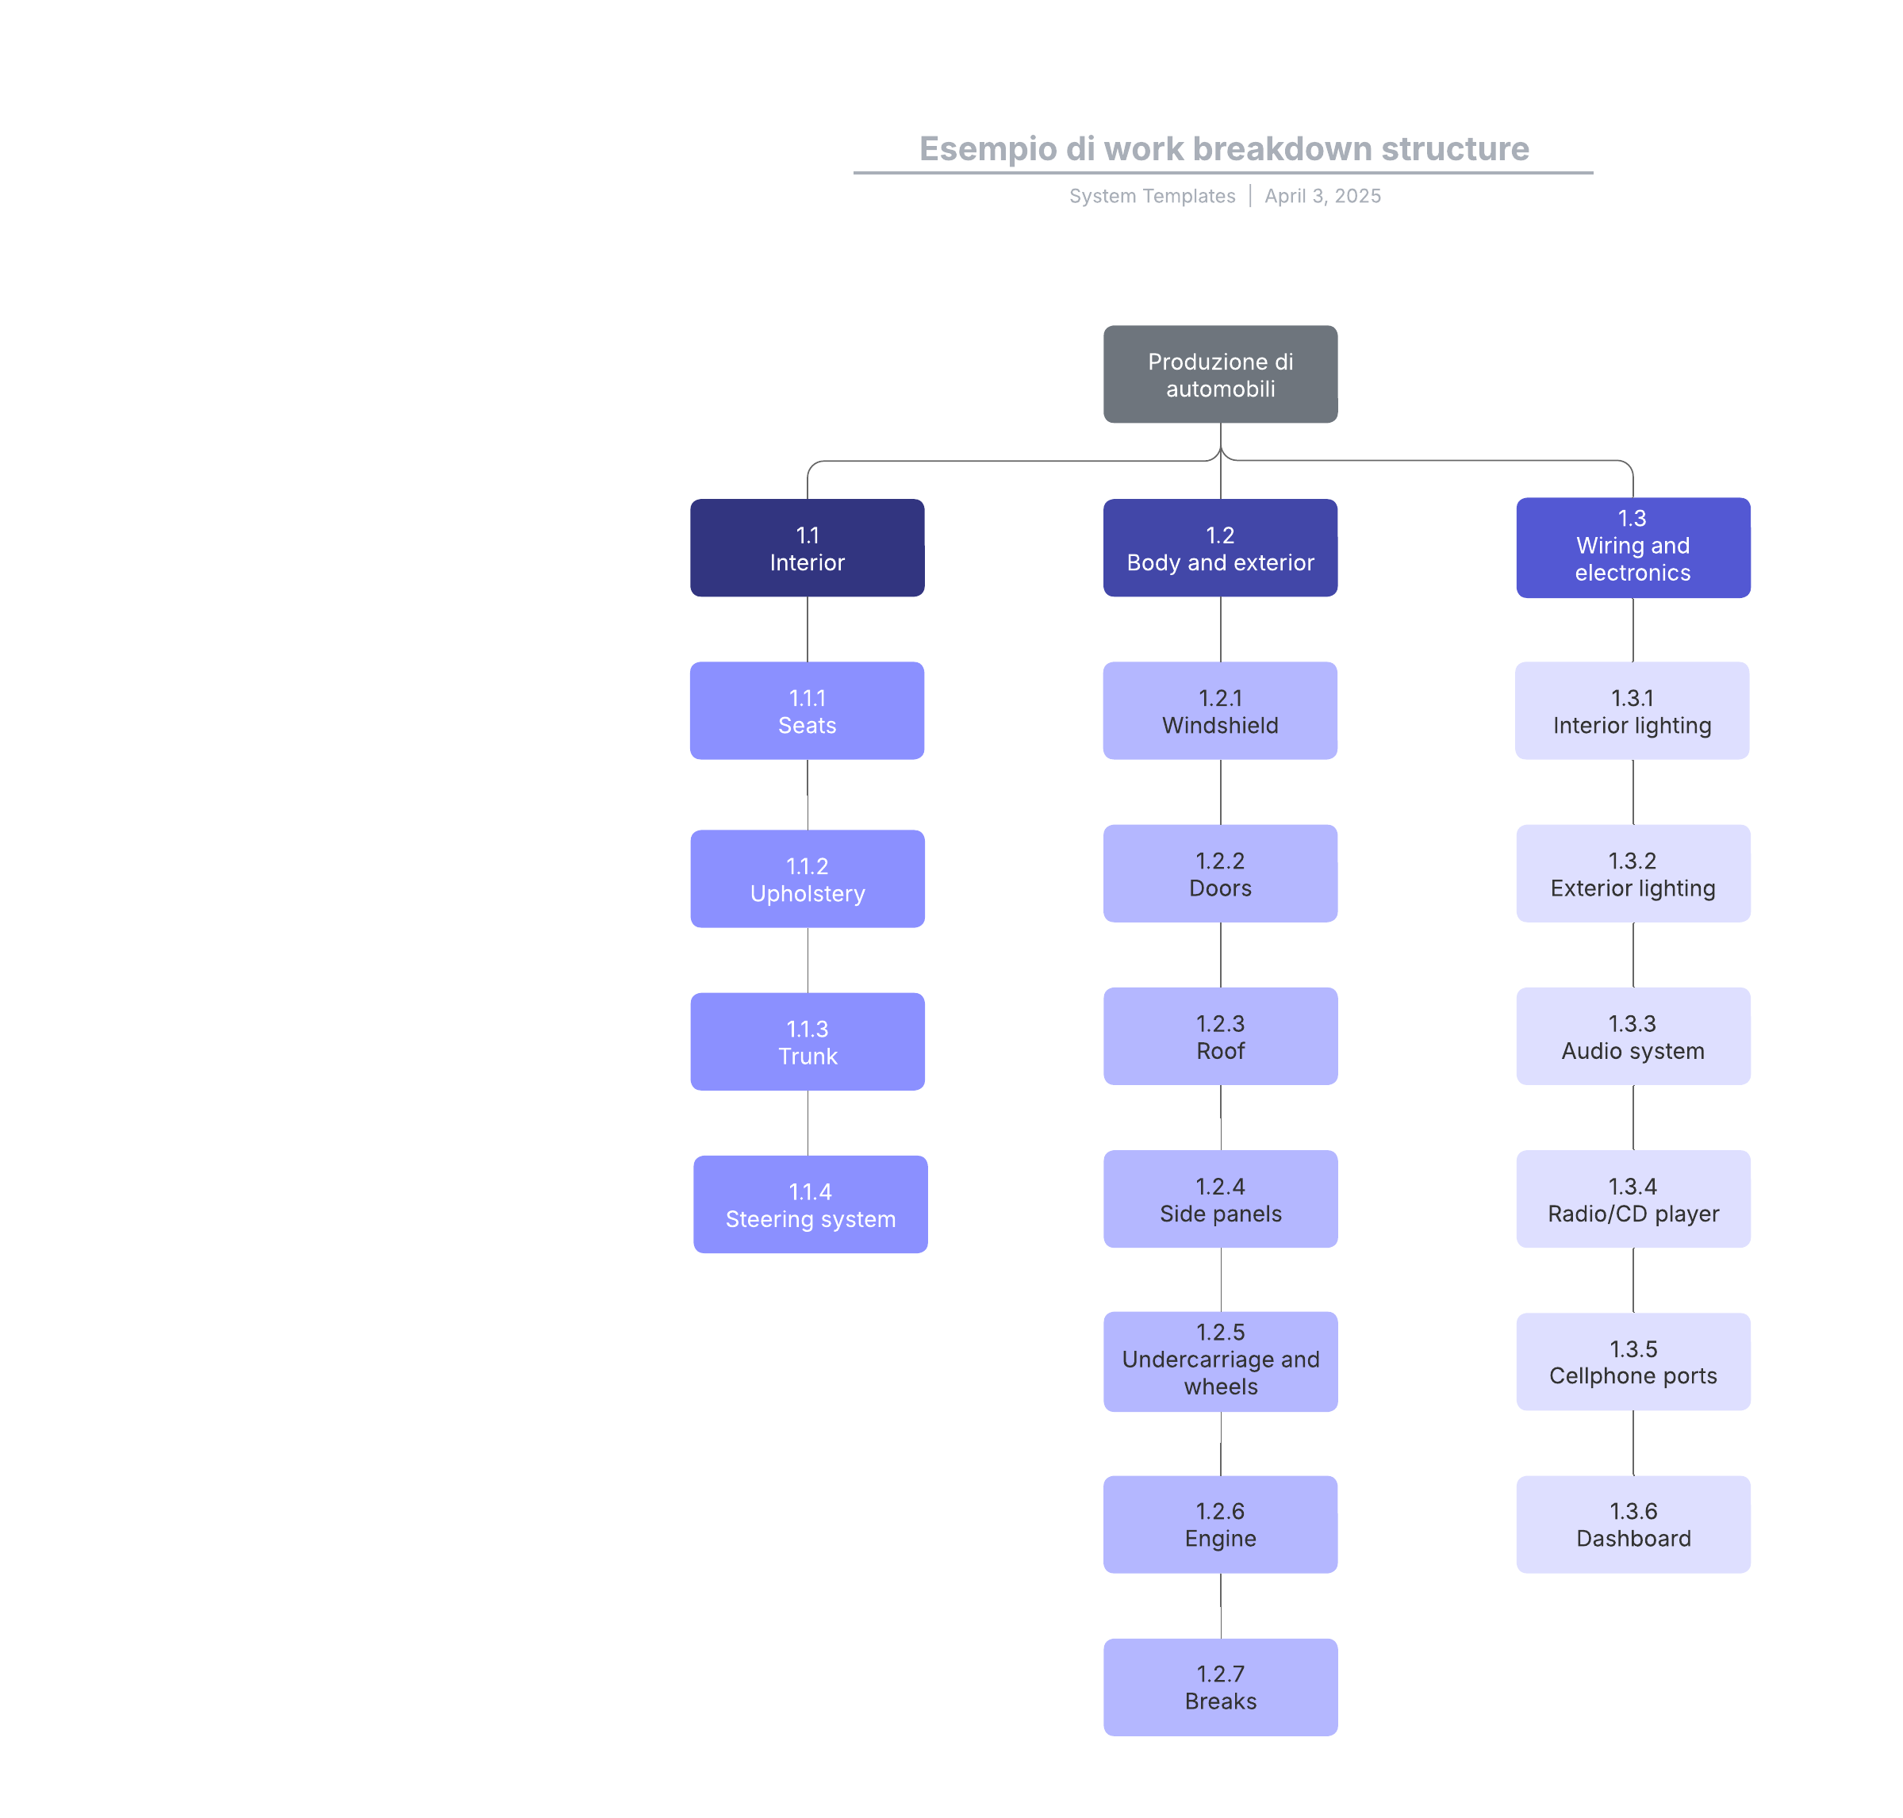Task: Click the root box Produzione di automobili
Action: (1220, 374)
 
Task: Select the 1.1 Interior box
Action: (807, 547)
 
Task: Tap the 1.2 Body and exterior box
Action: (1220, 547)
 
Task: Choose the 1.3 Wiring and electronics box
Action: (1633, 547)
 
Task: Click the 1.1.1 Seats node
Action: (807, 711)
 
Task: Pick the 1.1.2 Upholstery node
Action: (807, 879)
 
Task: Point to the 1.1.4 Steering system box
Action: (810, 1205)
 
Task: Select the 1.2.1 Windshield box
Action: (1220, 711)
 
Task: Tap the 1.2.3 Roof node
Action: (1220, 1036)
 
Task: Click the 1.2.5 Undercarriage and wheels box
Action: (1220, 1362)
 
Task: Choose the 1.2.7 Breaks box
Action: (1220, 1687)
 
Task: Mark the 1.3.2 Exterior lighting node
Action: (1633, 873)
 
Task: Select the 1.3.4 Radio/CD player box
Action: (1633, 1199)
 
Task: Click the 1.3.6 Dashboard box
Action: (1633, 1525)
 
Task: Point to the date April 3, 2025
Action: (1322, 196)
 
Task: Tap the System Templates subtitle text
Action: (1152, 196)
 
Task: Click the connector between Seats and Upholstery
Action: (807, 795)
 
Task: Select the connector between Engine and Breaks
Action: (1220, 1605)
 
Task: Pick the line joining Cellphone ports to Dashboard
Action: (1633, 1443)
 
